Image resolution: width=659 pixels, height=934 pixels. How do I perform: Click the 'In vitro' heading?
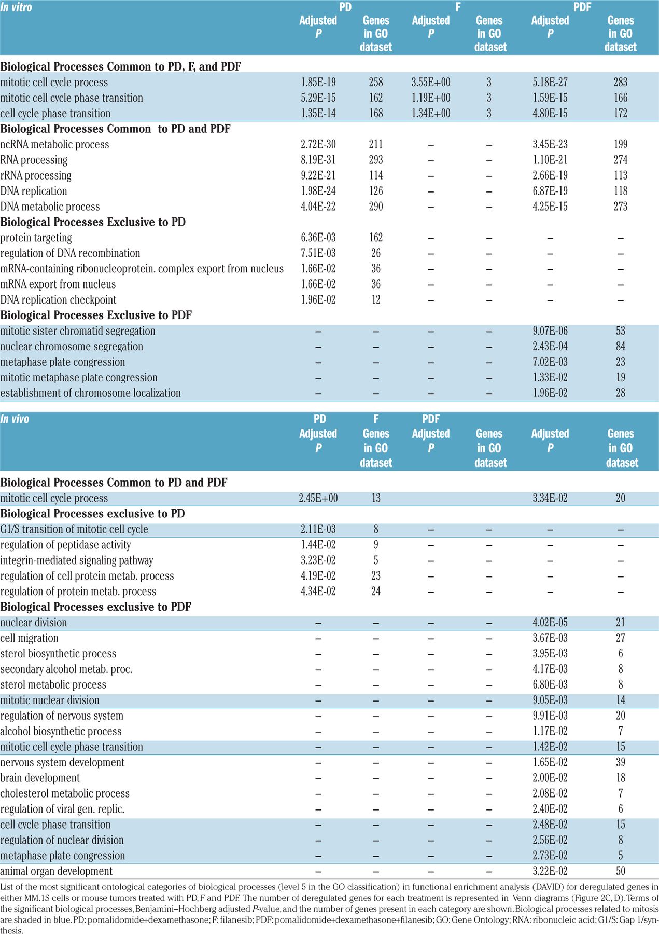click(x=16, y=7)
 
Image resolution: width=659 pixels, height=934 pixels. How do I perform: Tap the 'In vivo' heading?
click(x=15, y=419)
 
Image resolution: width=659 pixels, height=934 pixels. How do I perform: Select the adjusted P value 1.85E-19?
click(x=318, y=82)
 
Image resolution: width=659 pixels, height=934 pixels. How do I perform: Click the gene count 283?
click(x=620, y=82)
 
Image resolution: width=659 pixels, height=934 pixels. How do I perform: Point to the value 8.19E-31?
click(x=318, y=160)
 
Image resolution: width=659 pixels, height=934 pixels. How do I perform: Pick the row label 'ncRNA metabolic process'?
click(x=54, y=144)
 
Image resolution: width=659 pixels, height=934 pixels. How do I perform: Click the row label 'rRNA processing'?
click(x=36, y=175)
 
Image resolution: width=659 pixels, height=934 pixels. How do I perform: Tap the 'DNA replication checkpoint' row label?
click(x=58, y=300)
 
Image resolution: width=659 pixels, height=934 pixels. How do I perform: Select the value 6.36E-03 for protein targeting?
click(x=318, y=238)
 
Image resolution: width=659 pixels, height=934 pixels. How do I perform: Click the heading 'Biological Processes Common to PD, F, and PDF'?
click(x=120, y=66)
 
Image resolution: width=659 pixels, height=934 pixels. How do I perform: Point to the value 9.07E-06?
click(x=550, y=331)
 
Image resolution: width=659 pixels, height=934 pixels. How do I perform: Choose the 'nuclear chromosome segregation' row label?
click(x=72, y=347)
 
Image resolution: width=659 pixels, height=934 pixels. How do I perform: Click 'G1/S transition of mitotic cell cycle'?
click(x=74, y=529)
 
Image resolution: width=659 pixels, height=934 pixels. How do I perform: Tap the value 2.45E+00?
click(x=318, y=498)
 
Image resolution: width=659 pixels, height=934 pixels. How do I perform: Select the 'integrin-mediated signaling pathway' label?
click(x=77, y=560)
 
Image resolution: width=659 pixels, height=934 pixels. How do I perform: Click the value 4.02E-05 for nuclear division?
click(x=550, y=623)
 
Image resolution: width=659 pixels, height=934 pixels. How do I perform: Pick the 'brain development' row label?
click(x=40, y=778)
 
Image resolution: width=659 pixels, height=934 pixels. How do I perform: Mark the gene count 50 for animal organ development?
click(x=620, y=871)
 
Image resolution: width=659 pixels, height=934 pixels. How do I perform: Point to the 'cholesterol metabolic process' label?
click(x=65, y=793)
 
